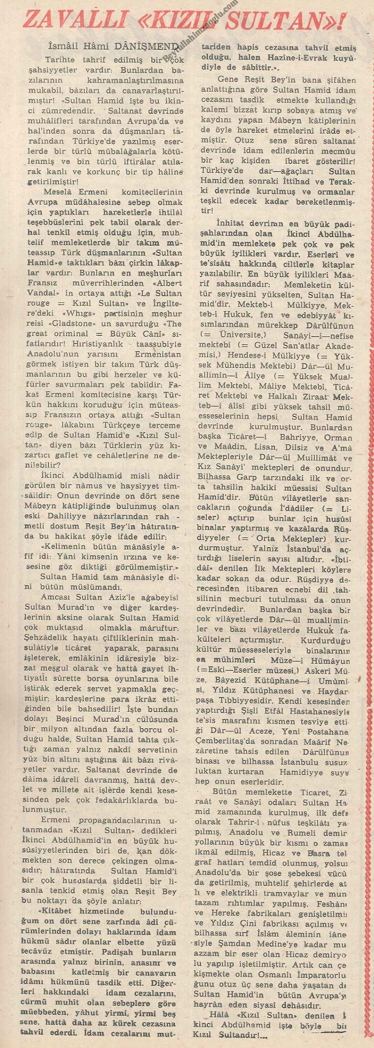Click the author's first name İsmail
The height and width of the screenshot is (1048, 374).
(x=66, y=46)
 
